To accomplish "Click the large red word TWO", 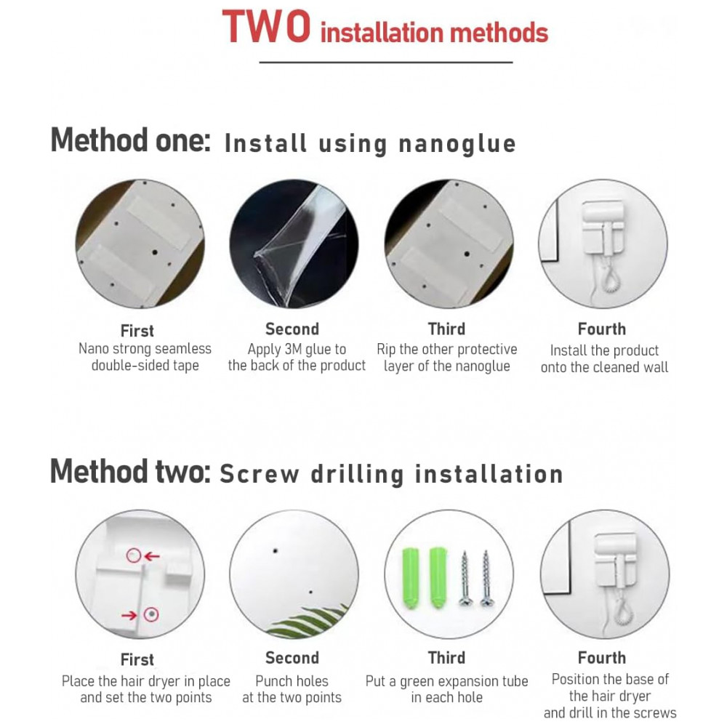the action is (x=266, y=27).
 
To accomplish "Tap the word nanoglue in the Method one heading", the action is (x=457, y=144).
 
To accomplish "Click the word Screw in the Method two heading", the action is (x=260, y=474).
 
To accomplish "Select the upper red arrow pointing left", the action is (x=152, y=556).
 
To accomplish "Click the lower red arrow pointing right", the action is (x=129, y=615).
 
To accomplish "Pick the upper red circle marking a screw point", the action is (x=134, y=555).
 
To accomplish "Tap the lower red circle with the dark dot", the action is (x=151, y=615).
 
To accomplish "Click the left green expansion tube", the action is (x=410, y=578).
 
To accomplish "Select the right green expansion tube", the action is (x=438, y=578).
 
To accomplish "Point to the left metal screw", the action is (x=465, y=579).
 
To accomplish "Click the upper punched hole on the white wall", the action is (x=276, y=551).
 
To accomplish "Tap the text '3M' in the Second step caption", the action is (x=293, y=349).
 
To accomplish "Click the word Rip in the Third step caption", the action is (x=386, y=350).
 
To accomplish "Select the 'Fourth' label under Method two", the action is (x=602, y=657).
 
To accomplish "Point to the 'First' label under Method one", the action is (x=137, y=331).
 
